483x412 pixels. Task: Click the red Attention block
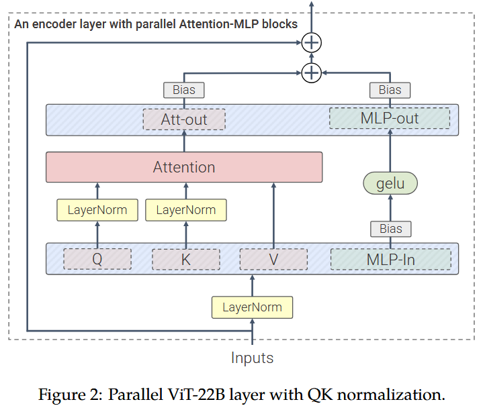184,167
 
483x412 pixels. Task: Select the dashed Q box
97,260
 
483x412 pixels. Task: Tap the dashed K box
186,260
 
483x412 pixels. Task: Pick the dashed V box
273,260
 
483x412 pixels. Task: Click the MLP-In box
390,260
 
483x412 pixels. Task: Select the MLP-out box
390,119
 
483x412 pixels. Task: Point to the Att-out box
184,119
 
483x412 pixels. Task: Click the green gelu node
390,183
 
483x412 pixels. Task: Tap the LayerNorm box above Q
97,210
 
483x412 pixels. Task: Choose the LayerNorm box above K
186,210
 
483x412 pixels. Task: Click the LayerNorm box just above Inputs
253,307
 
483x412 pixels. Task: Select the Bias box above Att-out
184,90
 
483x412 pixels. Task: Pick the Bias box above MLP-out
390,90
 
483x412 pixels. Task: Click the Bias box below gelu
390,229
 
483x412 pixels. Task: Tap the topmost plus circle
312,42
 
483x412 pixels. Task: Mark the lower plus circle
312,72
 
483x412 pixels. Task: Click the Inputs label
253,358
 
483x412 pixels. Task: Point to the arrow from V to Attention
273,215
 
